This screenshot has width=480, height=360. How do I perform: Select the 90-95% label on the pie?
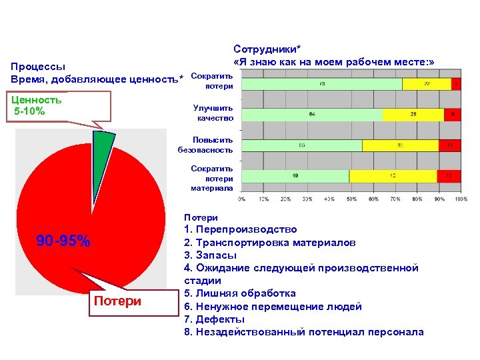tap(63, 241)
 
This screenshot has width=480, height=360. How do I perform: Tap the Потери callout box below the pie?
tap(117, 301)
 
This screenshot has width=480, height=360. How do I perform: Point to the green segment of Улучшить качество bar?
tap(311, 115)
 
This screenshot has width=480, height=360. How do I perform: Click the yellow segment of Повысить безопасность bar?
tap(400, 145)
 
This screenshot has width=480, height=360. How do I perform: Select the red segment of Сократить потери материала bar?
tap(449, 176)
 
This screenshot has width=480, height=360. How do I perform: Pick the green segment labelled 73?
tap(322, 84)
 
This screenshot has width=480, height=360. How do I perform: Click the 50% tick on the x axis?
tap(351, 199)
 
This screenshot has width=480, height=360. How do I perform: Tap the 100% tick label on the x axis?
tap(461, 199)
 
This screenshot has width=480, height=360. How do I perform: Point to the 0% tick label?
tap(241, 199)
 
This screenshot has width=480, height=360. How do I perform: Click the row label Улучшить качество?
tap(213, 113)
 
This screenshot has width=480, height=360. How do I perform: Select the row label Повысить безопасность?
tap(205, 145)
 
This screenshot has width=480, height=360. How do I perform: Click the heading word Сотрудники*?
tap(267, 49)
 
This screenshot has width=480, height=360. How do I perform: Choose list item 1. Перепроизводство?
tap(240, 230)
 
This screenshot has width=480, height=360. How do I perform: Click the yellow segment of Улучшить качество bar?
tap(413, 115)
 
